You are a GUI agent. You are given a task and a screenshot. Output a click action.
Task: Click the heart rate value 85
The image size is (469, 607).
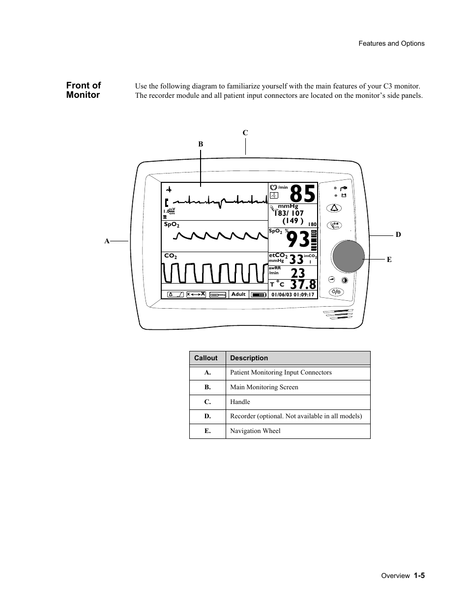click(302, 194)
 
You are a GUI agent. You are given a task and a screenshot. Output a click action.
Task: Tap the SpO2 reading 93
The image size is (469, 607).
click(298, 240)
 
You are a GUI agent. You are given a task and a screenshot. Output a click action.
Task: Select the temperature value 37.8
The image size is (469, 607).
click(303, 285)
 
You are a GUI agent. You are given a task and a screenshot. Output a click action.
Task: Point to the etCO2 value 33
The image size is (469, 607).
click(296, 260)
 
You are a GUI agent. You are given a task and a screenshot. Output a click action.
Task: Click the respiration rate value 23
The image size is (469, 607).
click(298, 273)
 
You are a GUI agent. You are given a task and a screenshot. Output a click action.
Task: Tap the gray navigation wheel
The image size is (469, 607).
click(349, 257)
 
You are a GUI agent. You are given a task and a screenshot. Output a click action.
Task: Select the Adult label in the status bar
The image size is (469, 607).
click(238, 294)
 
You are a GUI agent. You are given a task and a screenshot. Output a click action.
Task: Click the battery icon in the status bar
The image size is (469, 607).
click(258, 295)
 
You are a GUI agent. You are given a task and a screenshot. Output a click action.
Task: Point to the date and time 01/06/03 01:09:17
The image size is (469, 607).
click(293, 295)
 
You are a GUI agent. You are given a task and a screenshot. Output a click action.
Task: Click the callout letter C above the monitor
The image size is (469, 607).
click(245, 133)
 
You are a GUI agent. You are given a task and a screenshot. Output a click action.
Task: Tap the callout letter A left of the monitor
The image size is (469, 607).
click(106, 241)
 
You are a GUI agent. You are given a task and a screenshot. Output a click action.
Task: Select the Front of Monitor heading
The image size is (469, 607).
click(84, 90)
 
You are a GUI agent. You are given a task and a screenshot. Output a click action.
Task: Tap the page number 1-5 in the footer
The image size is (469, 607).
click(418, 576)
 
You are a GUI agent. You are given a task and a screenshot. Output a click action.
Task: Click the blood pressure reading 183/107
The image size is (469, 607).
click(290, 213)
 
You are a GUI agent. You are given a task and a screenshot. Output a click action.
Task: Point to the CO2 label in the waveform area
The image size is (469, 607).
click(170, 256)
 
